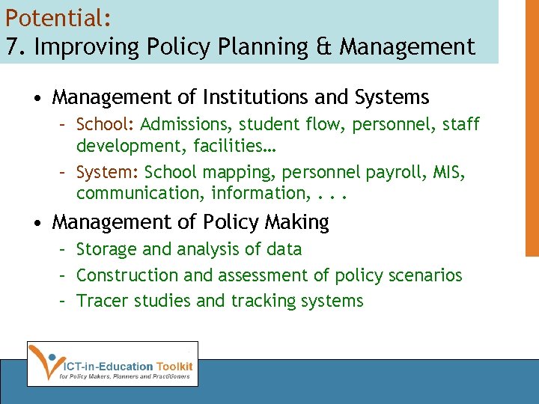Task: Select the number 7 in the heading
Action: click(11, 46)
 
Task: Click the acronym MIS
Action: click(449, 173)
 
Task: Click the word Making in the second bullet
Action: click(296, 222)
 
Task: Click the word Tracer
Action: click(100, 301)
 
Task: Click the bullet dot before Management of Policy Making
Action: click(37, 223)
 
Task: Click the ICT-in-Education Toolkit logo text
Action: click(127, 366)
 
